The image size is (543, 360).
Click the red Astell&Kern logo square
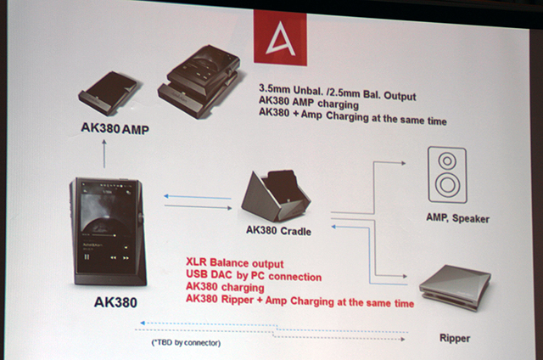coord(280,37)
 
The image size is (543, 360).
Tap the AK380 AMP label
coord(115,128)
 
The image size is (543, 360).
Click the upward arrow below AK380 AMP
coord(104,154)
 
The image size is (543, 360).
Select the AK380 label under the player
coord(115,302)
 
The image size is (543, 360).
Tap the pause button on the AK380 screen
coord(87,256)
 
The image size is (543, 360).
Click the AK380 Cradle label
coord(278,230)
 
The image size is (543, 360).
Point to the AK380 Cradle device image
coord(275,195)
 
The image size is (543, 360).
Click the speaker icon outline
coord(447,175)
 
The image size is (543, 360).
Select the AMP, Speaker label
coord(458,218)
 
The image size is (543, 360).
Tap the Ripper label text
coord(455,338)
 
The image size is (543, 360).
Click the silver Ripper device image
coord(455,287)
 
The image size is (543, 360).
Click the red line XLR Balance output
coord(235,263)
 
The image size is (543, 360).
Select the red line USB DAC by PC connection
coord(254,275)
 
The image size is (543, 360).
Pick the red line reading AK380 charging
coord(225,287)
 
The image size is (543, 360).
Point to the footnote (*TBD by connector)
coord(186,343)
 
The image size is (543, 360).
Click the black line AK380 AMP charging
coord(309,103)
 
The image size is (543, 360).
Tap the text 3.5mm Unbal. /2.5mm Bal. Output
coord(338,92)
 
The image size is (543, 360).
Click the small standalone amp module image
coord(108,93)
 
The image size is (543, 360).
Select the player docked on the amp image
coord(200,81)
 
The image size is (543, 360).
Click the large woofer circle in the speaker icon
coord(447,184)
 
